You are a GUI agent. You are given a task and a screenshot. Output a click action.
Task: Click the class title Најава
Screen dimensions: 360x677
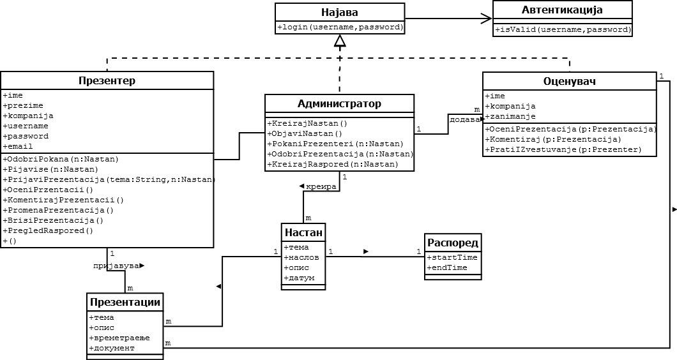(340, 12)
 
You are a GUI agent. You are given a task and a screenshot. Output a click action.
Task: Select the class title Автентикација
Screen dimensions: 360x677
(562, 10)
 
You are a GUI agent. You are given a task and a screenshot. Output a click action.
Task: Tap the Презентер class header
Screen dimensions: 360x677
(107, 80)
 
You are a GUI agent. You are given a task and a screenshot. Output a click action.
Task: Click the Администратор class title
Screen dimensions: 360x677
(339, 103)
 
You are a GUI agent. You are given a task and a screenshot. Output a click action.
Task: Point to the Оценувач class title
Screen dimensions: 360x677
(569, 82)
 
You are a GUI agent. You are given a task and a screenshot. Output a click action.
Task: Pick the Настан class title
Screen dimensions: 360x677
(303, 232)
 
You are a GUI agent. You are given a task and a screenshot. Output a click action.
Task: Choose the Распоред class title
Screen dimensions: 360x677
(453, 243)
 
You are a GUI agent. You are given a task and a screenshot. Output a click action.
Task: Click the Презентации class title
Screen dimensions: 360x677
(125, 302)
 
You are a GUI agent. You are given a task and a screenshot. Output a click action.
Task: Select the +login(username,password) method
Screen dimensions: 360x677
(340, 27)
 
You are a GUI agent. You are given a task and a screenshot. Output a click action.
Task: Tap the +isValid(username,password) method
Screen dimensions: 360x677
(563, 29)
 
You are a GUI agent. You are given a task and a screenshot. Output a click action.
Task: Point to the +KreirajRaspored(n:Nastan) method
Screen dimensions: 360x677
(333, 164)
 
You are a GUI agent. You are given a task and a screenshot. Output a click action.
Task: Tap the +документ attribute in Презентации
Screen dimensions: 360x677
(112, 348)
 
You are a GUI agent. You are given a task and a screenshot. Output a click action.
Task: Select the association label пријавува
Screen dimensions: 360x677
(115, 266)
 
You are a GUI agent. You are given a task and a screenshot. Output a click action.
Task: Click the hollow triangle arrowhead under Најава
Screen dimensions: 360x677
(340, 41)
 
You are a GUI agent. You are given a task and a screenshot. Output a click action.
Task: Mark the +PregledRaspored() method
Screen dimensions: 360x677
(48, 230)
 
